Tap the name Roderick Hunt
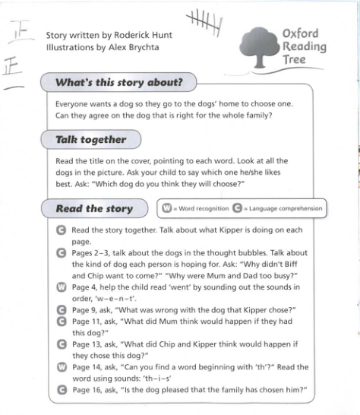pyautogui.click(x=145, y=35)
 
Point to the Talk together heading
pyautogui.click(x=90, y=141)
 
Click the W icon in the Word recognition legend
pyautogui.click(x=165, y=208)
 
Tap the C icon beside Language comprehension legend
pyautogui.click(x=236, y=208)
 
